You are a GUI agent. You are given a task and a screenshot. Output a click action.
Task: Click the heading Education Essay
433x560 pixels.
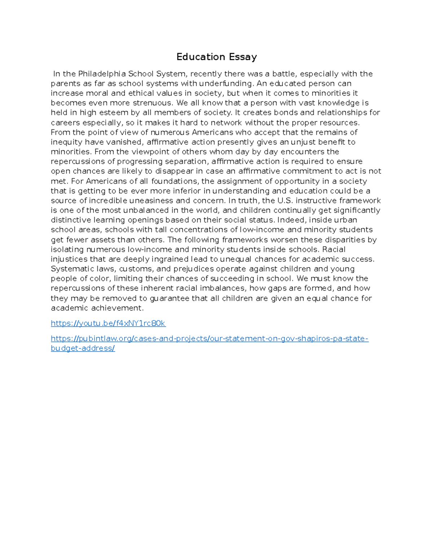[216, 57]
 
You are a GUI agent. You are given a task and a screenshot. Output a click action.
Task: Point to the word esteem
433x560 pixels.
[114, 113]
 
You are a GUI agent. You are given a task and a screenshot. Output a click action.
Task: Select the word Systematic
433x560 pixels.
[72, 269]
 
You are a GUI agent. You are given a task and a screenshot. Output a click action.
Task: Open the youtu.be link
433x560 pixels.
[108, 323]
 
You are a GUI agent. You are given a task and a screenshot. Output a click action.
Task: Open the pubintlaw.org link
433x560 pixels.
[209, 339]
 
